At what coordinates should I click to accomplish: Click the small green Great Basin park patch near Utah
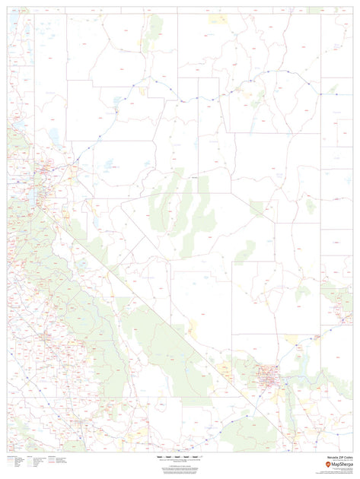(311, 205)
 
